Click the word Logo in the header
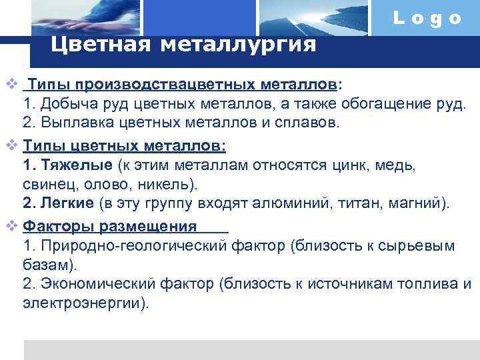click(427, 18)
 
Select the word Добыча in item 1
click(65, 105)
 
